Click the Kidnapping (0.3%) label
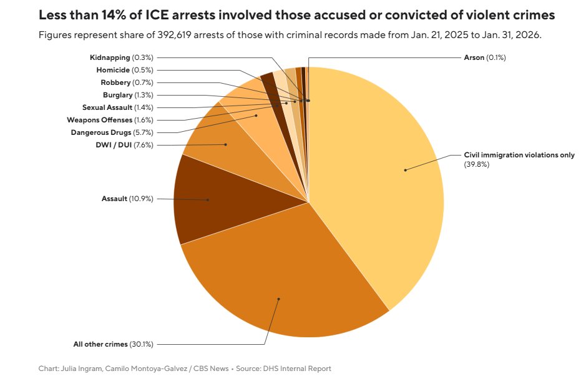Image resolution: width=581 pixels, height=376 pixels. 122,57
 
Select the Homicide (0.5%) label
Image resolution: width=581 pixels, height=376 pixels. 125,70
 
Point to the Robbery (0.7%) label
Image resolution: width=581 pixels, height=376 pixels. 127,82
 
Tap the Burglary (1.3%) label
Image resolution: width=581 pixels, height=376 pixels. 128,95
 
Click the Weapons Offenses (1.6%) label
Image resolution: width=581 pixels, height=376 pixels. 110,120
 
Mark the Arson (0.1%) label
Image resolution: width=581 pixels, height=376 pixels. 484,57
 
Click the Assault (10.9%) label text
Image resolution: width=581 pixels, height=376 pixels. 127,199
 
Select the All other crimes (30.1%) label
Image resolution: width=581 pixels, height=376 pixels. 113,344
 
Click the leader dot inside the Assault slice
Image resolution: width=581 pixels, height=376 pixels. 208,200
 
